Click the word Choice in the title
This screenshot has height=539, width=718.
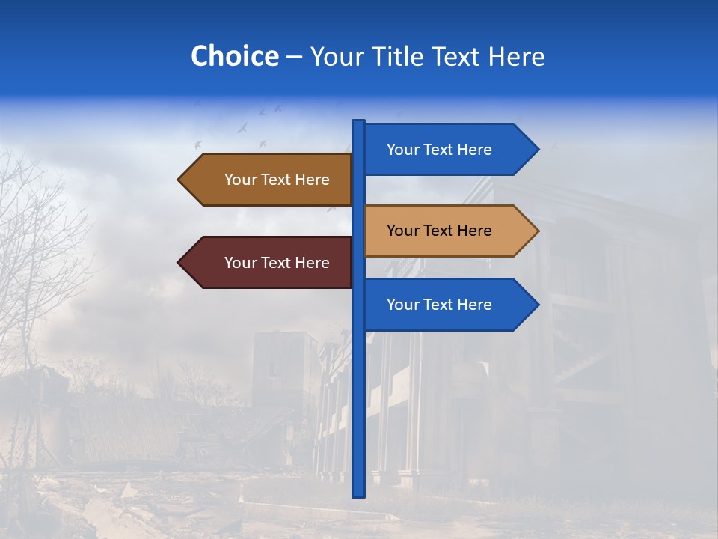[x=234, y=56]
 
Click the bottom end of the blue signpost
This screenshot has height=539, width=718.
[x=359, y=493]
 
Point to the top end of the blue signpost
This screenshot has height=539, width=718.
[x=359, y=123]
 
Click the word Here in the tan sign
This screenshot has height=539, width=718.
[x=474, y=231]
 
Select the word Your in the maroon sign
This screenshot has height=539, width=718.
[x=240, y=263]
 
